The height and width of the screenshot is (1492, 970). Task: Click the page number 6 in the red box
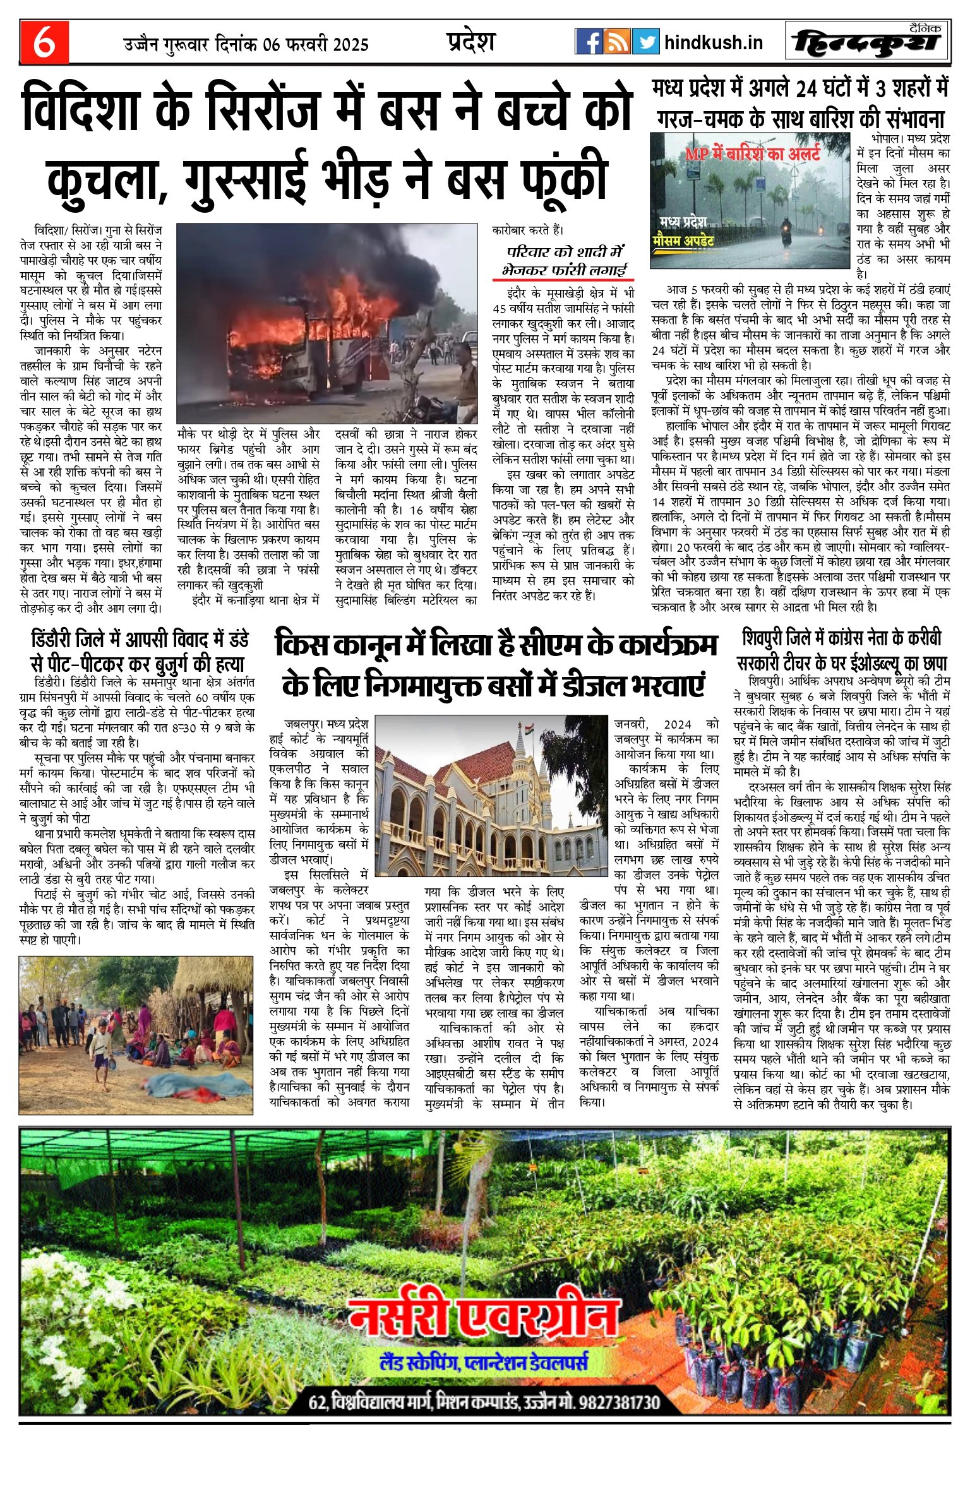(x=44, y=42)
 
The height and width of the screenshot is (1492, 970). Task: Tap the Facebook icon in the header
(x=589, y=42)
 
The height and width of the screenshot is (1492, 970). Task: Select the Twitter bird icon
(x=645, y=42)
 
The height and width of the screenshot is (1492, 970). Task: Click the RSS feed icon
(x=617, y=42)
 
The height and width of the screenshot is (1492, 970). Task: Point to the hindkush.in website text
(x=714, y=42)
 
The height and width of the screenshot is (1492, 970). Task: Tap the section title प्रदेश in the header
(x=470, y=42)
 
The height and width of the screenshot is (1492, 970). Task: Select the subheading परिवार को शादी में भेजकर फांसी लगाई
(x=563, y=261)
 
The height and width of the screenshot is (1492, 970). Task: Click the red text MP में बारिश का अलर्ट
(x=752, y=153)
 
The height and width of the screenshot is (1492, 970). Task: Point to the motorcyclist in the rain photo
(x=787, y=232)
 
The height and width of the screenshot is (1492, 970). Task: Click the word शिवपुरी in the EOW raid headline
(x=769, y=638)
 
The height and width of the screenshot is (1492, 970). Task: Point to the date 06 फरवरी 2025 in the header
(x=316, y=45)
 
